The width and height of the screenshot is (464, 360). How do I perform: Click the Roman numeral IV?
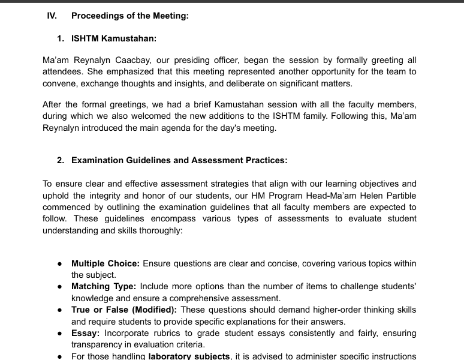click(x=52, y=16)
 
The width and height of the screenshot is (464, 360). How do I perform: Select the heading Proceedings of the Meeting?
click(x=130, y=16)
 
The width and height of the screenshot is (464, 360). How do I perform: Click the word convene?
click(x=60, y=83)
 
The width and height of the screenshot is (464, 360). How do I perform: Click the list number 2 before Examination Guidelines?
click(x=61, y=160)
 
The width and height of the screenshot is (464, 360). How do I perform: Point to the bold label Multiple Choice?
click(x=106, y=263)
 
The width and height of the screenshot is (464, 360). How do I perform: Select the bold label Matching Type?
click(x=104, y=287)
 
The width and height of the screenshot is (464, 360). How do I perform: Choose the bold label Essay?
click(x=86, y=333)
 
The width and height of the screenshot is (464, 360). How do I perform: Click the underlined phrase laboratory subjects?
click(x=189, y=356)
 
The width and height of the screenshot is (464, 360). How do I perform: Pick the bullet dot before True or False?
click(x=61, y=310)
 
